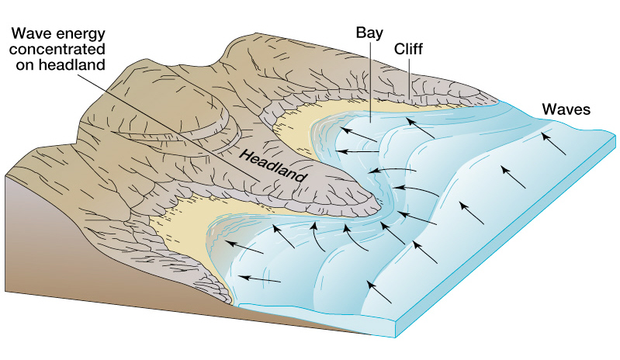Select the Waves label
pyautogui.click(x=566, y=109)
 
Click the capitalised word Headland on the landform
pyautogui.click(x=272, y=166)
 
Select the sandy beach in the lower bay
pyautogui.click(x=186, y=225)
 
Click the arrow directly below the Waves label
pyautogui.click(x=553, y=144)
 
